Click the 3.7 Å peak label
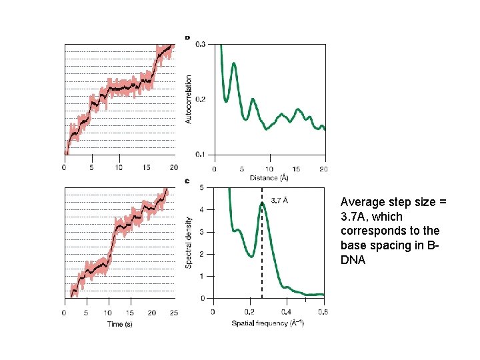[x=280, y=199]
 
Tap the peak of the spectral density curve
[x=262, y=203]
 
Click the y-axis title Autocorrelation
[x=189, y=99]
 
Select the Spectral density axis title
[x=189, y=243]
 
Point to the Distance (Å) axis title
[x=269, y=178]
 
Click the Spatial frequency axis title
[x=269, y=323]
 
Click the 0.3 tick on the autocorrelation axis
[x=201, y=45]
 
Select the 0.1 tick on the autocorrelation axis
[x=201, y=155]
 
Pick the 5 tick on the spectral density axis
[x=202, y=187]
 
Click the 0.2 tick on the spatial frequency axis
[x=249, y=312]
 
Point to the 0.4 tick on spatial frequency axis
[x=286, y=312]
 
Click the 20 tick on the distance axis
[x=324, y=169]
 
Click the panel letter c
[x=187, y=181]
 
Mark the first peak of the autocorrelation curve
[x=234, y=64]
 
